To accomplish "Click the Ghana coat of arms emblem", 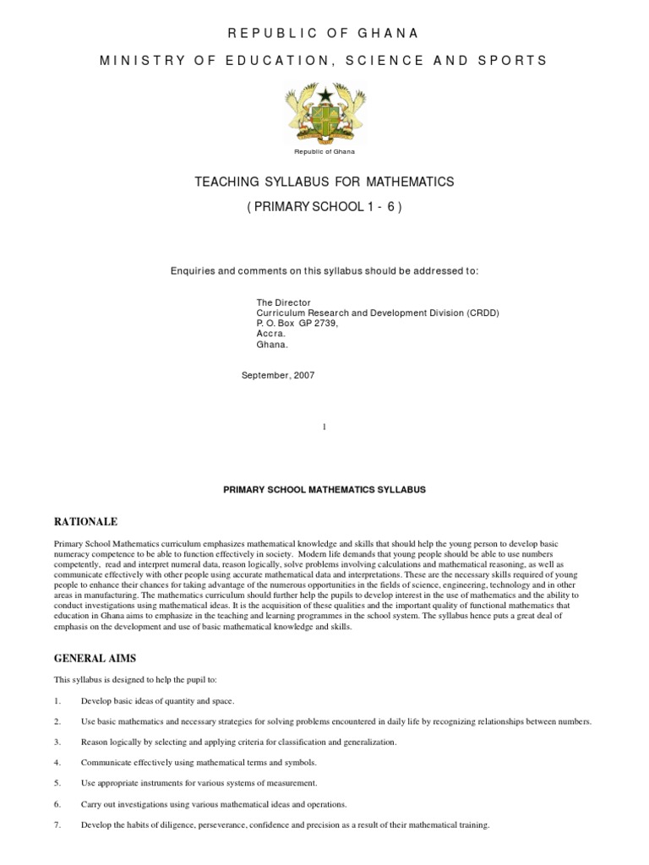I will point(324,111).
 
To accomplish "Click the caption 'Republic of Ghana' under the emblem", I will point(324,152).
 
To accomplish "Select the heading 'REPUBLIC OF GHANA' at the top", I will point(324,33).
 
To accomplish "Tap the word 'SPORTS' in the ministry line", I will point(516,60).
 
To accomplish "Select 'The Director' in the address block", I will point(283,302).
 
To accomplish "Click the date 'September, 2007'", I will point(279,375).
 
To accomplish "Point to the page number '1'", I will point(324,427).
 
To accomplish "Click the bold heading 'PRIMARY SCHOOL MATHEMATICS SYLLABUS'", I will point(324,489).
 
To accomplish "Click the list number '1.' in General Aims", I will point(57,701).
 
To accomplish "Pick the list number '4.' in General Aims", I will point(57,763).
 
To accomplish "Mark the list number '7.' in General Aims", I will point(57,824).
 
